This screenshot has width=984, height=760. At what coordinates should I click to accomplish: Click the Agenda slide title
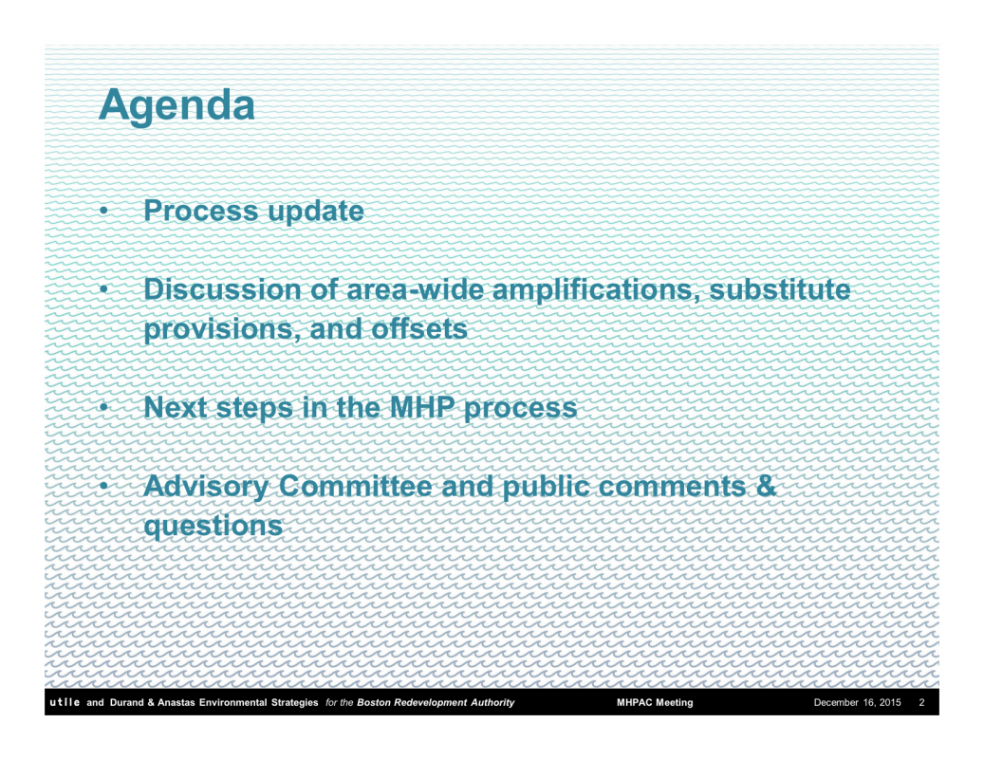[x=177, y=106]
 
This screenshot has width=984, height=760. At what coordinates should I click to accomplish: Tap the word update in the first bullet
[x=316, y=213]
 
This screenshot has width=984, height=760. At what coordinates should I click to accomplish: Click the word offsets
[x=419, y=329]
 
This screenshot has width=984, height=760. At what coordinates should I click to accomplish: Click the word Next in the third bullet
[x=176, y=407]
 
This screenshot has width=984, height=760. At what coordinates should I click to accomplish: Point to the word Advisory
[x=206, y=488]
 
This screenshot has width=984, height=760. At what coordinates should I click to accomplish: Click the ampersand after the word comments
[x=766, y=487]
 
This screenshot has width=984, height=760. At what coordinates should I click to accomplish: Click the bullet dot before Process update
[x=104, y=211]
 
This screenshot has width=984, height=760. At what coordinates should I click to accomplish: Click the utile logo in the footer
[x=65, y=702]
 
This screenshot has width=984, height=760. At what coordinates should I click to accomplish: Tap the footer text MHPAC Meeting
[x=655, y=703]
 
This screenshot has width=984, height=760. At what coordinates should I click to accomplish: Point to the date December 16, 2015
[x=857, y=703]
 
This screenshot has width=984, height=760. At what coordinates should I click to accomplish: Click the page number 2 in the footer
[x=921, y=703]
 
